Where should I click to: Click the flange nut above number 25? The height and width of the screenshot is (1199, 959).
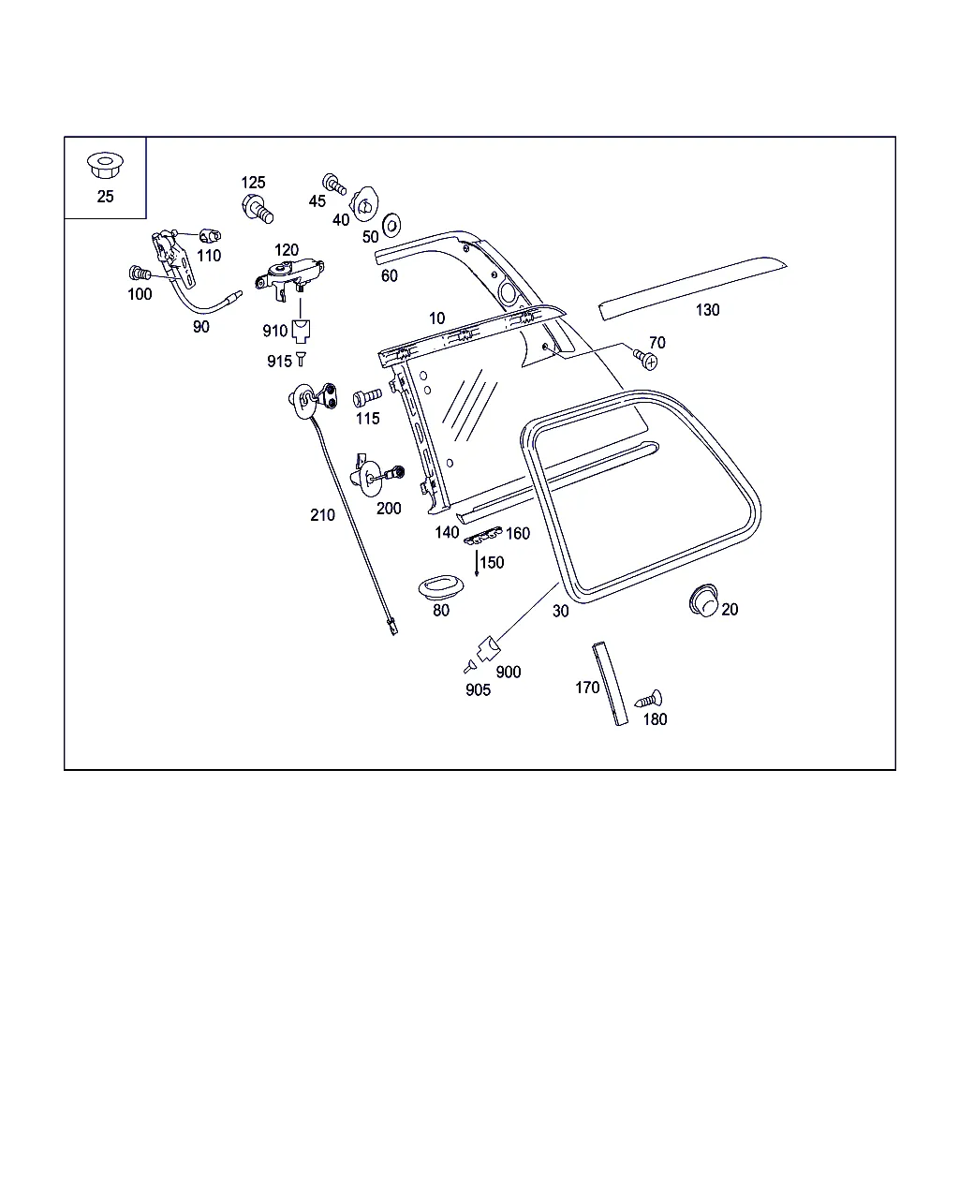coord(105,165)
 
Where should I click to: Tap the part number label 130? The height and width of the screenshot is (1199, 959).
coord(707,310)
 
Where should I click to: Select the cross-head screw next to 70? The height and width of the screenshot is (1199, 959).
coord(645,359)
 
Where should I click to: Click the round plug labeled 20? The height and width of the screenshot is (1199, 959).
coord(703,600)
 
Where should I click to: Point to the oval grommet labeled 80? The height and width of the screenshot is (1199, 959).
coord(441,588)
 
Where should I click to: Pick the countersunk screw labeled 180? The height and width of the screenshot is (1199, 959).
coord(649,699)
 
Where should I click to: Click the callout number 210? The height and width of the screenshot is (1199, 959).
coord(323,515)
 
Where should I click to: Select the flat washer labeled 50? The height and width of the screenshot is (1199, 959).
coord(391,225)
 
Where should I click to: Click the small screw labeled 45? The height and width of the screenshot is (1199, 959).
coord(334,184)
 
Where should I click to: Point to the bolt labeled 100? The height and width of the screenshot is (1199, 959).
coord(140,273)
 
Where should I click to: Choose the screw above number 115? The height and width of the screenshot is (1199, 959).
coord(367,397)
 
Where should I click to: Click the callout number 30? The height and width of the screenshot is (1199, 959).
coord(561,611)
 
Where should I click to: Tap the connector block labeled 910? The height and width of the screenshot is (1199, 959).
coord(301,332)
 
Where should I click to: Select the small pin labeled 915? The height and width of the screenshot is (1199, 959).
coord(301,359)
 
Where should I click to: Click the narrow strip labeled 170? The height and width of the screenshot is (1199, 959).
coord(610,684)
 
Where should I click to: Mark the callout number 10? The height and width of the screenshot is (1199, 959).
coord(436,318)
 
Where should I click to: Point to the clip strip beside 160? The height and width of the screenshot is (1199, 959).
coord(482,536)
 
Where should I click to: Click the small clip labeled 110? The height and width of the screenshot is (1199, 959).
coord(210,236)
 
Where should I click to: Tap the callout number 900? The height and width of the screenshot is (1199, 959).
coord(509,672)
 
